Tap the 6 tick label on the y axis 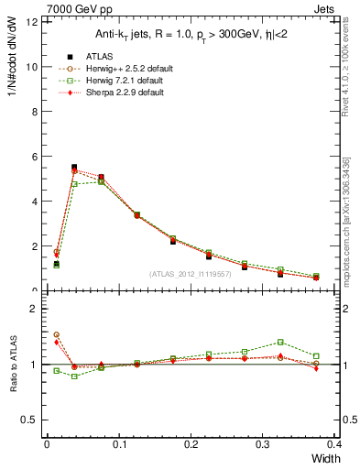click(x=34, y=157)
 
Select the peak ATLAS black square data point click(x=74, y=168)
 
